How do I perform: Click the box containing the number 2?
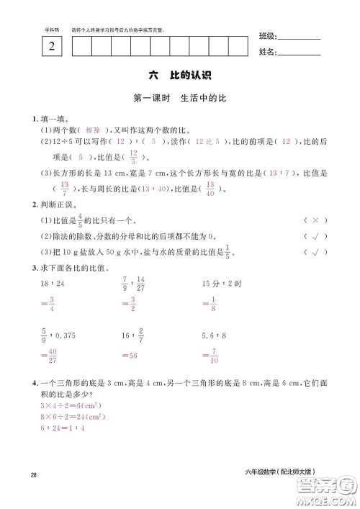tap(51, 48)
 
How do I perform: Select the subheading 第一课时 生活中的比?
tap(179, 99)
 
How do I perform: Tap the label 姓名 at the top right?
tap(266, 52)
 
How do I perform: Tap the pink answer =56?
tap(130, 355)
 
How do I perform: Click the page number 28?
tap(33, 473)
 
